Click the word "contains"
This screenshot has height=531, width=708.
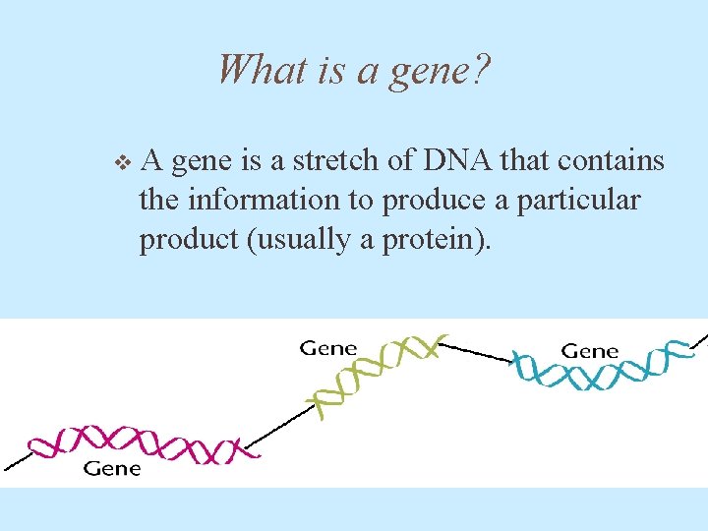tap(613, 160)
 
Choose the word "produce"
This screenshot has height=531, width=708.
tap(433, 202)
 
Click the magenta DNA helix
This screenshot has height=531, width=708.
tap(138, 443)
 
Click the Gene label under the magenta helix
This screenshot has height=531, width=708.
tap(112, 469)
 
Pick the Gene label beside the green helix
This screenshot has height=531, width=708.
tap(328, 348)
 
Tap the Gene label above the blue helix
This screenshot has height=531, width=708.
tap(590, 350)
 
